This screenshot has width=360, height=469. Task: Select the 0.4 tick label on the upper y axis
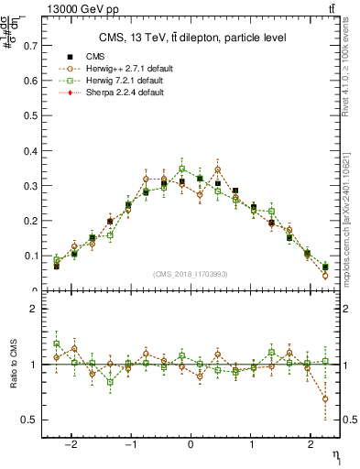tap(29, 150)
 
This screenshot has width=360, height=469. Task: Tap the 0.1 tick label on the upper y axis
tap(29, 256)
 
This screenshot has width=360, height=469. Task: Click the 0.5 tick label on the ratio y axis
tap(29, 420)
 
